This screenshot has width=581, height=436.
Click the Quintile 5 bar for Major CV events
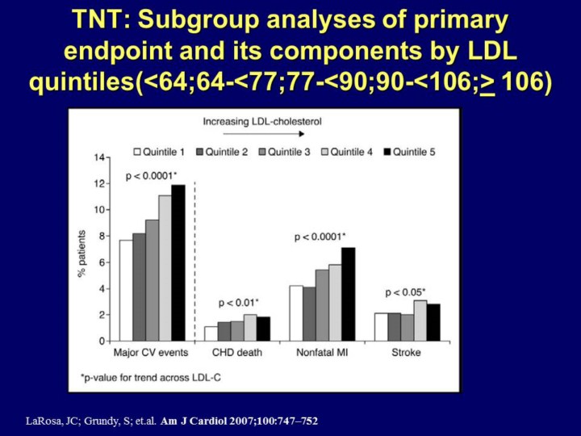[x=178, y=263]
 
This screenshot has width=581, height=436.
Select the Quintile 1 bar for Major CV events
[x=126, y=291]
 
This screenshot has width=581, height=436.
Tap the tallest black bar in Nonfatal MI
[x=348, y=294]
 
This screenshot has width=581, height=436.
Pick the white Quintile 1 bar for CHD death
[x=211, y=333]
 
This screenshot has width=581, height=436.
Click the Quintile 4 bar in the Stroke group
[x=420, y=321]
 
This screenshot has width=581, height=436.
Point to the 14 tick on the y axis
[x=100, y=157]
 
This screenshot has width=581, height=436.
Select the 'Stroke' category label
[x=407, y=353]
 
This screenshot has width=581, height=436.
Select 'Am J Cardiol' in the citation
[x=187, y=421]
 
